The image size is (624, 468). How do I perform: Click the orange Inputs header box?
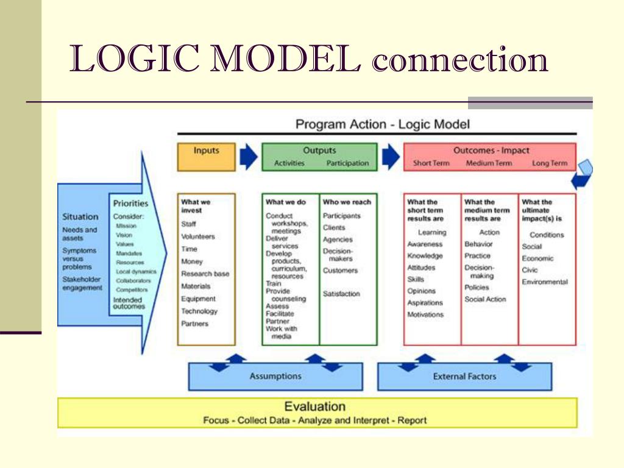click(x=206, y=157)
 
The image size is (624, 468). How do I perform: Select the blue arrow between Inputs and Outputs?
click(x=248, y=157)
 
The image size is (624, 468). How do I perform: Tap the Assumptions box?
click(x=275, y=377)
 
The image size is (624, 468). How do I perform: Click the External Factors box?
click(x=464, y=377)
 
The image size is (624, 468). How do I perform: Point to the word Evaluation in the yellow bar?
click(x=315, y=406)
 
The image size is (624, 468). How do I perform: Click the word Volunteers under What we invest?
click(x=198, y=236)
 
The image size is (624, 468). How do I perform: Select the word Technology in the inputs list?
click(x=199, y=311)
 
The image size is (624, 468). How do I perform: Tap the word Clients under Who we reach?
click(x=334, y=228)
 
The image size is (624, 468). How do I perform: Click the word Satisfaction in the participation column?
click(x=341, y=294)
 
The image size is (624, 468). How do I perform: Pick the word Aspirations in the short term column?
click(x=425, y=303)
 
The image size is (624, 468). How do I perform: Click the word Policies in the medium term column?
click(x=477, y=288)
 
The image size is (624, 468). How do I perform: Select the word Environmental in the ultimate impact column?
click(x=545, y=282)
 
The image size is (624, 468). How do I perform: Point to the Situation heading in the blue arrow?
click(x=80, y=217)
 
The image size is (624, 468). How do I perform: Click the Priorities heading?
click(x=130, y=204)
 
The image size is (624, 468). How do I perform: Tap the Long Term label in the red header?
click(x=549, y=163)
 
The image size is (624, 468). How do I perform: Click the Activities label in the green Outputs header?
click(x=289, y=163)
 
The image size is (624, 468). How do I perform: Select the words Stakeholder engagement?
click(x=82, y=284)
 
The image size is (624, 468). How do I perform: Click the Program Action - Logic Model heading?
click(x=383, y=124)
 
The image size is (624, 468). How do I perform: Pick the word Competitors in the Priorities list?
click(x=132, y=290)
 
